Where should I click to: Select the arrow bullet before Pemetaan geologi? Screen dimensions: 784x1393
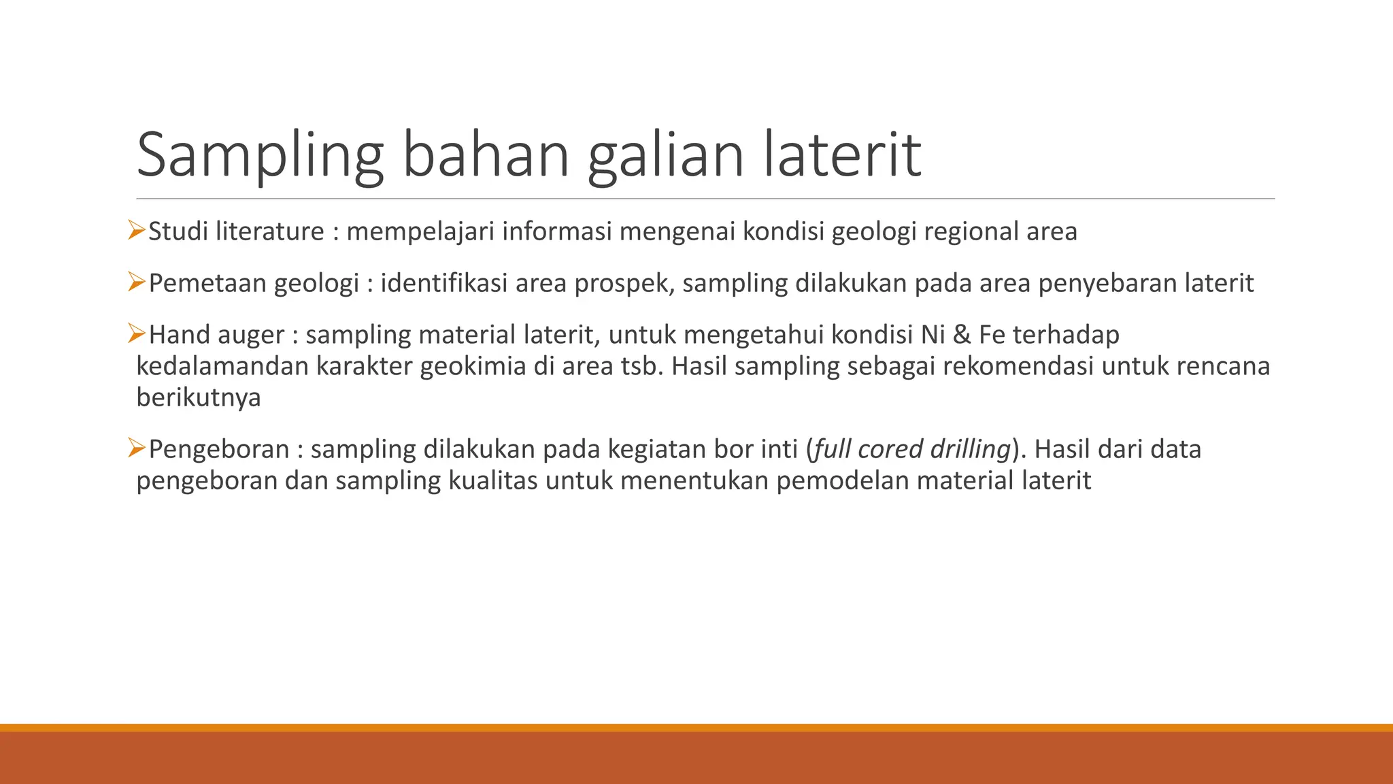pos(137,282)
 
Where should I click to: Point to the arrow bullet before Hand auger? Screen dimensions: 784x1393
pos(137,333)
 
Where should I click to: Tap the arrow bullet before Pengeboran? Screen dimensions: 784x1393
pos(137,448)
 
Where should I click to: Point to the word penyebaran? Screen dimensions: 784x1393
pos(1107,284)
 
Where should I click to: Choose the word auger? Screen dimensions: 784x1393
pos(251,336)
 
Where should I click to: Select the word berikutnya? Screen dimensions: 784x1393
pos(199,397)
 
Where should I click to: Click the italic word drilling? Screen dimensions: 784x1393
pos(971,450)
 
